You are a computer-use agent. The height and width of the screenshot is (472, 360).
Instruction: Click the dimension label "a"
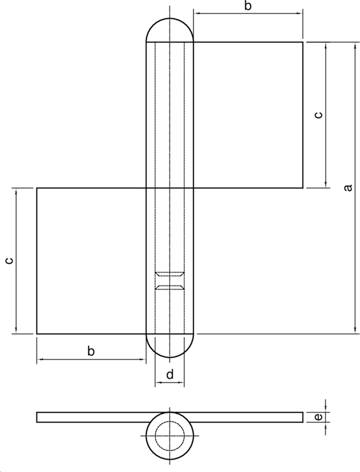(x=348, y=188)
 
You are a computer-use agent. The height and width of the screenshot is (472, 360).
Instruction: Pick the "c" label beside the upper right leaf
(x=318, y=115)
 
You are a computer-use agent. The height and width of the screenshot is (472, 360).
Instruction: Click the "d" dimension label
(x=169, y=374)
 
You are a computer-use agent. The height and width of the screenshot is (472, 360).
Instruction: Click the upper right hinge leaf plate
(x=248, y=115)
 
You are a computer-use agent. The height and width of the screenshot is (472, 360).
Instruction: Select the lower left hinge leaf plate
(x=91, y=261)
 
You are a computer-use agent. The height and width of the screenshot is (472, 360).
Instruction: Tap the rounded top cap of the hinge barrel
(x=169, y=29)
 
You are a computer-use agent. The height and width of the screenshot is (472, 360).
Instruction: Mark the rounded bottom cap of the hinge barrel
(x=169, y=346)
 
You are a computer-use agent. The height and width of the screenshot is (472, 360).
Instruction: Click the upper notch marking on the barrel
(x=169, y=274)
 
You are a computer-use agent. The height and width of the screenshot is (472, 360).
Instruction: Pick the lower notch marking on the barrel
(x=169, y=287)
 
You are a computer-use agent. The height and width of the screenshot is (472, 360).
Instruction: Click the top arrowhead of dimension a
(x=355, y=45)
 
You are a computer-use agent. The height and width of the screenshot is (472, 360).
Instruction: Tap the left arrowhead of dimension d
(x=158, y=383)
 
